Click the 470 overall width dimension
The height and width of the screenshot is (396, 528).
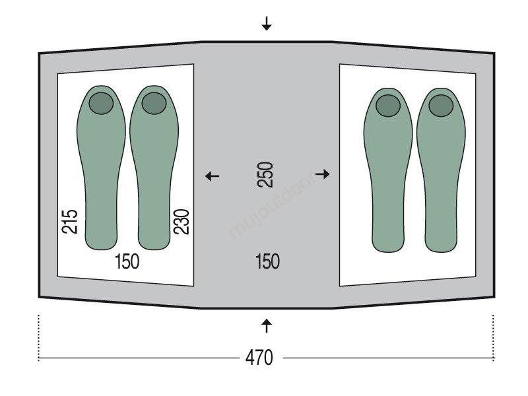pyautogui.click(x=259, y=358)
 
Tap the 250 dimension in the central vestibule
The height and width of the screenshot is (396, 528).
pyautogui.click(x=265, y=175)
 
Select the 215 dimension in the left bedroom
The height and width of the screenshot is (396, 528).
pyautogui.click(x=70, y=222)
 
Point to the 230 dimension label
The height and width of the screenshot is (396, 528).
pyautogui.click(x=181, y=222)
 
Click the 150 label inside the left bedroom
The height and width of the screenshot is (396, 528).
pyautogui.click(x=127, y=261)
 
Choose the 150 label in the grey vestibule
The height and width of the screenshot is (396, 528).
pyautogui.click(x=267, y=261)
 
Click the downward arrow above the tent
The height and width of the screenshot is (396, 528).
pyautogui.click(x=267, y=24)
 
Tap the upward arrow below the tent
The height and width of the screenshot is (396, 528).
pyautogui.click(x=267, y=325)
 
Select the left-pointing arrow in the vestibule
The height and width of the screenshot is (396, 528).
pyautogui.click(x=213, y=176)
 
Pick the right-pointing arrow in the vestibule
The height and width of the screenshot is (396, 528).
pyautogui.click(x=322, y=174)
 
